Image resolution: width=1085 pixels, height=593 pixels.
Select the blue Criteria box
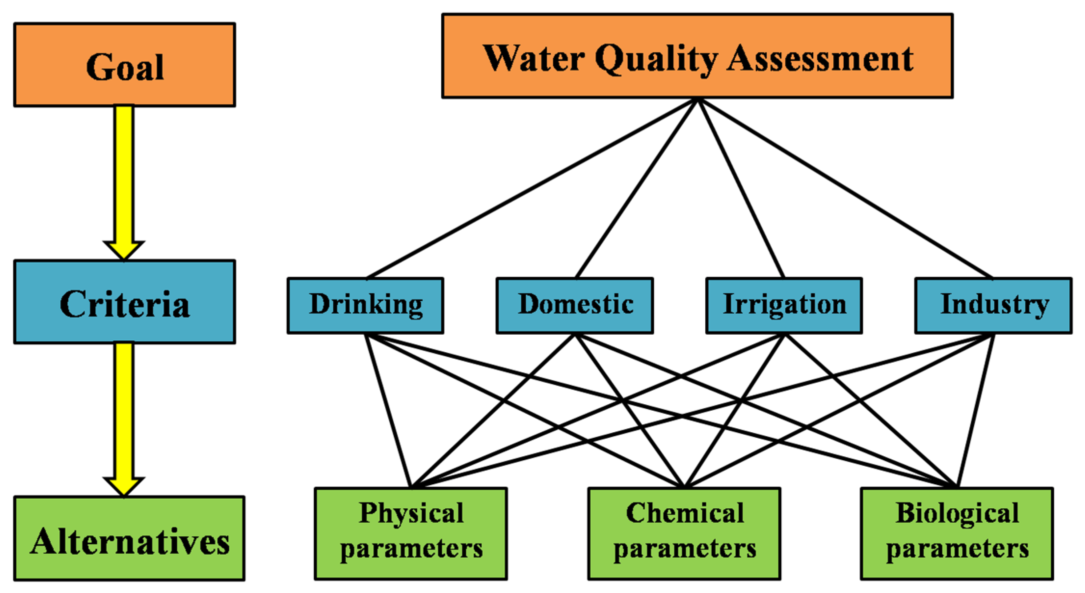pos(124,302)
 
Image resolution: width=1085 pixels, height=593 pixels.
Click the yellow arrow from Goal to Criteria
pos(124,177)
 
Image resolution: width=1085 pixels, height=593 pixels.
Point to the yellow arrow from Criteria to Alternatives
pos(124,412)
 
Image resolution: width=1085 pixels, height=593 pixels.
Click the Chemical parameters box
pos(685,534)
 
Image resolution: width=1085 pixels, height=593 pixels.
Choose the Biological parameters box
pos(957,534)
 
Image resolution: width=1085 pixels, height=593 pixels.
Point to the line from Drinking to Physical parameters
pos(388,410)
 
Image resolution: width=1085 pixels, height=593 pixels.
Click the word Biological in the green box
pos(957,513)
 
